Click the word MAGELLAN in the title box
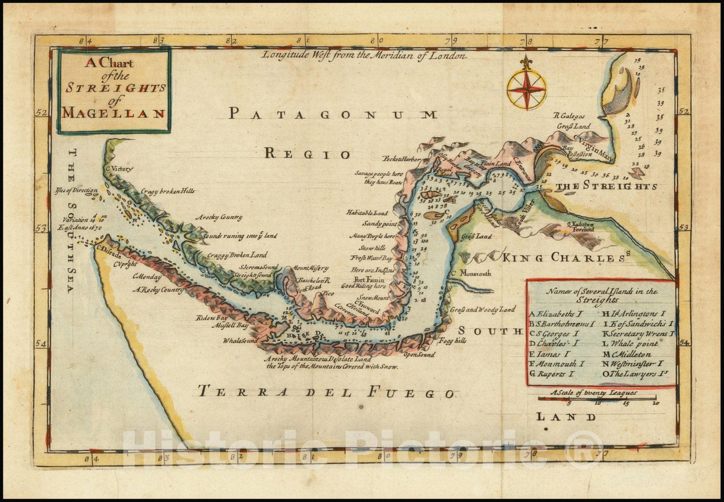[113, 113]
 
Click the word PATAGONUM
[333, 114]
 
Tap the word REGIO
[307, 154]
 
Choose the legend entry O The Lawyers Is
[635, 374]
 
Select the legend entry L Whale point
[630, 344]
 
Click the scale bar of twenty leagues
[597, 398]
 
